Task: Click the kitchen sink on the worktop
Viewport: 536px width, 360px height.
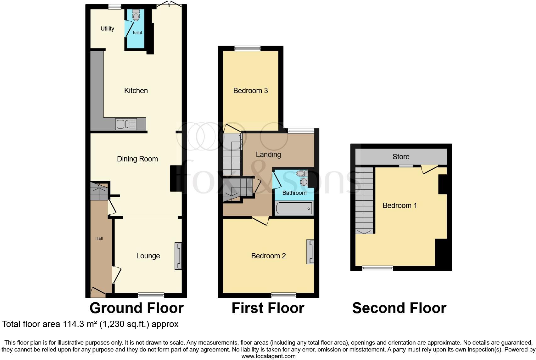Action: coord(126,124)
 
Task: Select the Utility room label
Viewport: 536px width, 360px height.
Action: coord(107,29)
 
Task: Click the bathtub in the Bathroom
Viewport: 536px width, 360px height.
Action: coord(294,209)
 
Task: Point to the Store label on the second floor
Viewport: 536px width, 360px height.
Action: coord(401,157)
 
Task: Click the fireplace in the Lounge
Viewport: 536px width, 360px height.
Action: coord(178,256)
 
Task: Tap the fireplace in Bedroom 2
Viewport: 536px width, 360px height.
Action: coord(310,252)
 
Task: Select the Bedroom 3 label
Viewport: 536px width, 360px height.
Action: coord(250,91)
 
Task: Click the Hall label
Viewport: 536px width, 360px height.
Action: coord(99,238)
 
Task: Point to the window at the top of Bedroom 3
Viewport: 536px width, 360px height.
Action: coord(247,48)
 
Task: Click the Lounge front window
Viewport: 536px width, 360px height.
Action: coord(151,295)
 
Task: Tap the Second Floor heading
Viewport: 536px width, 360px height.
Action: coord(399,308)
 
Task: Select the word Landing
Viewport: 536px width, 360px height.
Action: coord(268,155)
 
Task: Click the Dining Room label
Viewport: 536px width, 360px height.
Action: coord(137,159)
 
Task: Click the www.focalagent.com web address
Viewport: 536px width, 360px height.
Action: coord(268,356)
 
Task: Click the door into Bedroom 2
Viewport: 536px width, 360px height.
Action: coord(260,221)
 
